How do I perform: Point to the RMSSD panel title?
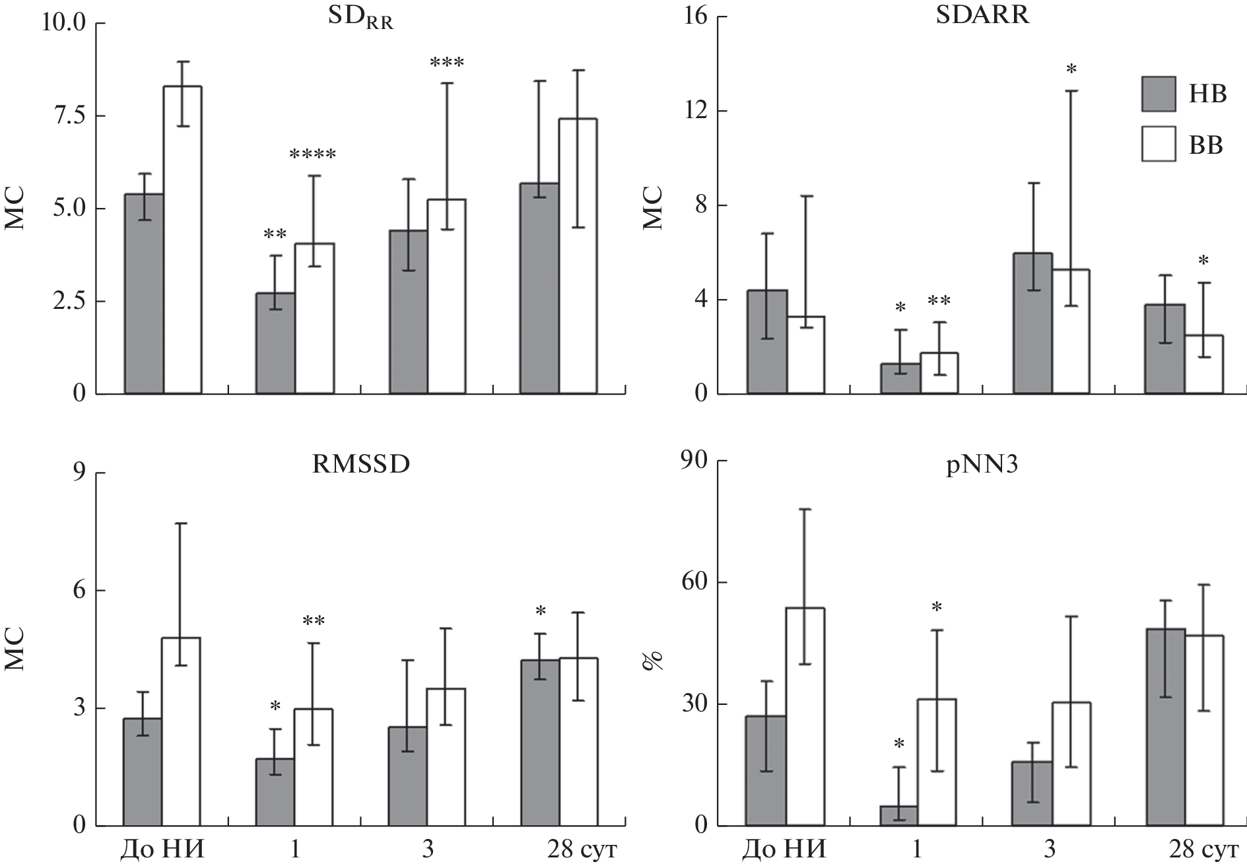click(360, 465)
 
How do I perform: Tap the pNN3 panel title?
click(982, 465)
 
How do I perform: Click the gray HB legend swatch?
click(1159, 94)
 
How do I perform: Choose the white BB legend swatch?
click(1159, 144)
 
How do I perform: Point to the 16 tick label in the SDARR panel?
click(691, 17)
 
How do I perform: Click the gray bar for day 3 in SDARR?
click(1033, 323)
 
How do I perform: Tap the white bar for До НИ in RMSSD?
click(181, 731)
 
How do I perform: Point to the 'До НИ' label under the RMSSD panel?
click(163, 849)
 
